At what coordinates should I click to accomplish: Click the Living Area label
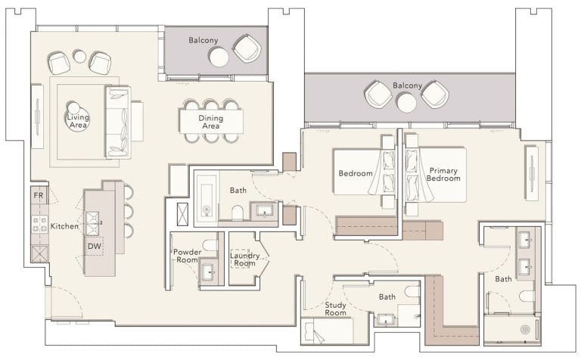coord(78,121)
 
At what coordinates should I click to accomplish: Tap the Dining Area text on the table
coord(210,122)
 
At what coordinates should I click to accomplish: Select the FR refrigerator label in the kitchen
coord(38,196)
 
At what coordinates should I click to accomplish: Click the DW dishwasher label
coord(94,246)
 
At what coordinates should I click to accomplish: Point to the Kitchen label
coord(65,226)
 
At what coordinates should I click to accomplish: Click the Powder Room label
coord(186,256)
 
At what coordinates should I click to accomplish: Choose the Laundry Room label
coord(244,259)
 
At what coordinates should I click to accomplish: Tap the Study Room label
coord(335,309)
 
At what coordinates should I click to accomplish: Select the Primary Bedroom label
coord(444,175)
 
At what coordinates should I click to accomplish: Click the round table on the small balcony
coord(219,57)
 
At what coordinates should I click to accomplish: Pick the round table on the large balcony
coord(407,102)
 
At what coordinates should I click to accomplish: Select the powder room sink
coord(207,270)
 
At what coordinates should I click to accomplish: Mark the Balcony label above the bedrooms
coord(407,85)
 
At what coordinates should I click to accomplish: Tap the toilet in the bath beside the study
coord(412,292)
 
